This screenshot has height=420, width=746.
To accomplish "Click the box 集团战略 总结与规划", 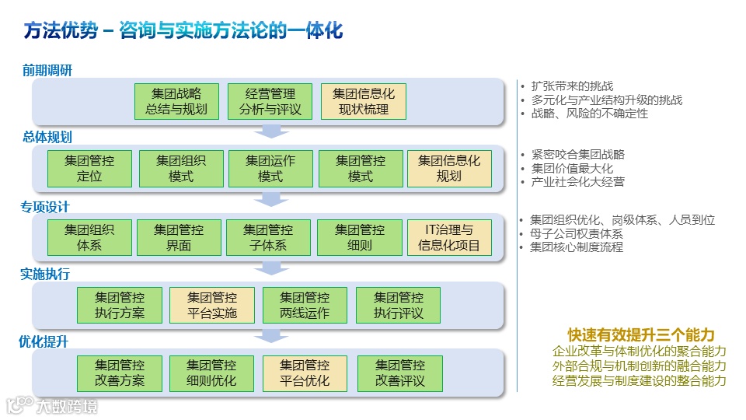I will (176, 102).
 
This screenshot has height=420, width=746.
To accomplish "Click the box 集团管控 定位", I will (89, 169).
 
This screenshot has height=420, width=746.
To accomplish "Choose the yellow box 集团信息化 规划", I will (449, 169).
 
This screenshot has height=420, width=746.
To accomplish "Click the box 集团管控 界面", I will (178, 238).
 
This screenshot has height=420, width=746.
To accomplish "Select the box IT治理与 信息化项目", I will (449, 238).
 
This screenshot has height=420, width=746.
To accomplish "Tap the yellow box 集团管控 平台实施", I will (212, 306).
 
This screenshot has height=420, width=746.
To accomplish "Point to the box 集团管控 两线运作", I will (305, 306).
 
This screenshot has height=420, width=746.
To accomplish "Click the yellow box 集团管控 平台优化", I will (305, 373).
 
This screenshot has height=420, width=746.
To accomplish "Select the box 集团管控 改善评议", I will (399, 373).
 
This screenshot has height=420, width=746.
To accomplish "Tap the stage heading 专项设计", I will (45, 207).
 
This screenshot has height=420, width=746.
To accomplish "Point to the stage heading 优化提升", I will (45, 341).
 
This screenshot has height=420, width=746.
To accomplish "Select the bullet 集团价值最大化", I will (572, 168).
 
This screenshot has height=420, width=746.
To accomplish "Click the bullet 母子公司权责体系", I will (576, 234).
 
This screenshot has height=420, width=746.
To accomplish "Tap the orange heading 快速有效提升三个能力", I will (640, 334).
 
